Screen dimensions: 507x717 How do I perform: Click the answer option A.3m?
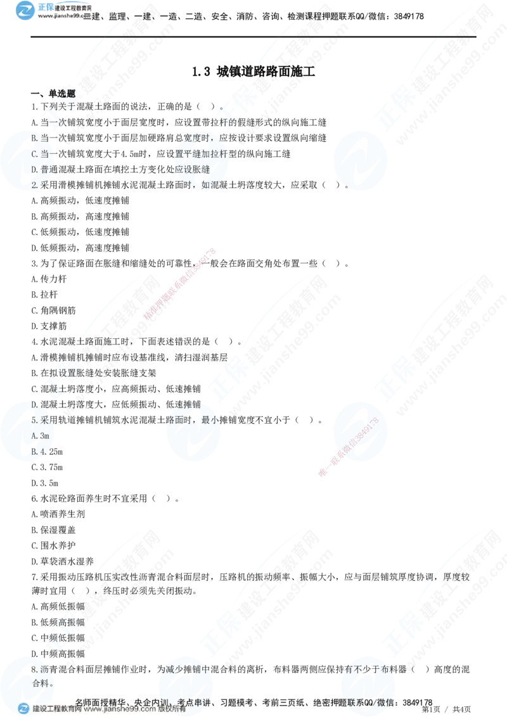(40, 436)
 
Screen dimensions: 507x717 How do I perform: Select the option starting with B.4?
(40, 452)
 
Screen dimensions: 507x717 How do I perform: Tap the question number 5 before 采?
(34, 420)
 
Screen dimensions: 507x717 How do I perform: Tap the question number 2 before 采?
(34, 185)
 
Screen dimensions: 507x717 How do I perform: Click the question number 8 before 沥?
(34, 669)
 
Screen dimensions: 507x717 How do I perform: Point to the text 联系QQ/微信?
(370, 702)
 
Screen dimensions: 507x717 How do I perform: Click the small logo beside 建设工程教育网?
(23, 708)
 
